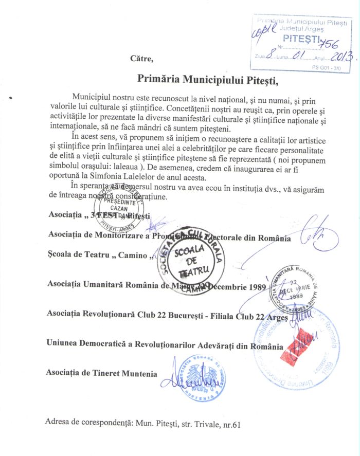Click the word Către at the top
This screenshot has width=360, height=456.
pyautogui.click(x=142, y=58)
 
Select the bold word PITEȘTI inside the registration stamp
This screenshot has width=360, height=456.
pyautogui.click(x=301, y=39)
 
